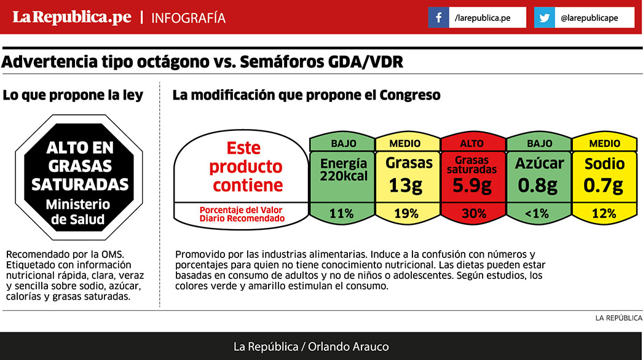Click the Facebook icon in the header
click(x=438, y=18)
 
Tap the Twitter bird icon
click(x=544, y=18)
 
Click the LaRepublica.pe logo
click(x=73, y=18)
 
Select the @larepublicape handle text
click(x=589, y=18)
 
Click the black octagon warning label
click(x=80, y=177)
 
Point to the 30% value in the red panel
click(x=473, y=214)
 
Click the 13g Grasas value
click(x=406, y=185)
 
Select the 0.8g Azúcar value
click(x=538, y=185)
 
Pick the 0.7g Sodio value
click(x=604, y=185)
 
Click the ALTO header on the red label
click(x=472, y=144)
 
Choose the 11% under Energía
click(x=341, y=214)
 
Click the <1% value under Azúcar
click(x=538, y=214)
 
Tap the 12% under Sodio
click(x=604, y=214)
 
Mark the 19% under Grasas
click(x=406, y=214)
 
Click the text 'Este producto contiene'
click(x=244, y=166)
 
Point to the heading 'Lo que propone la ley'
click(x=73, y=95)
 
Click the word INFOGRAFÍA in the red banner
click(x=188, y=18)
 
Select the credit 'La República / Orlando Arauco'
click(x=310, y=346)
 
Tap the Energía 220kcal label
click(x=343, y=170)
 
